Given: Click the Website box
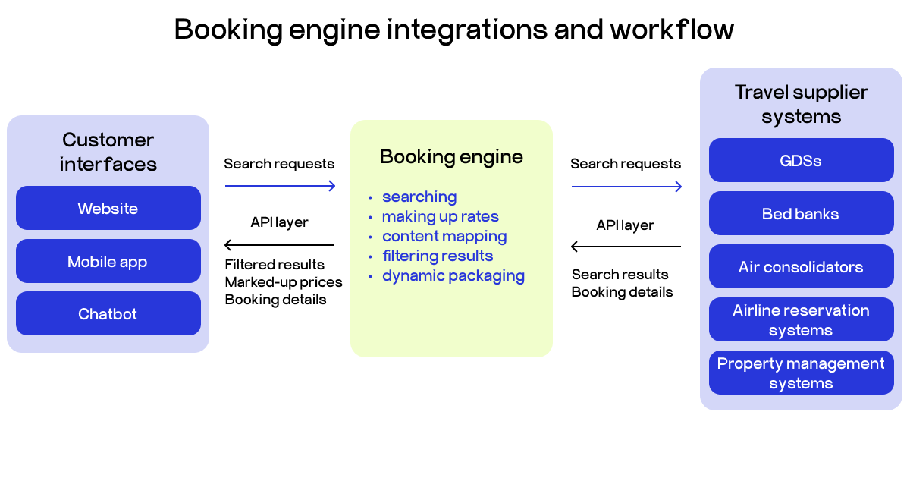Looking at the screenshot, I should click(x=108, y=208).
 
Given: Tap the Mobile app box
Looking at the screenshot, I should click(x=108, y=262).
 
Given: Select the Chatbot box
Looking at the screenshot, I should click(x=108, y=314).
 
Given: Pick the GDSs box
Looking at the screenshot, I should click(x=801, y=161).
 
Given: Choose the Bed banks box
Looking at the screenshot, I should click(x=801, y=214).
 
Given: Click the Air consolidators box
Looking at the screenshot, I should click(x=801, y=267).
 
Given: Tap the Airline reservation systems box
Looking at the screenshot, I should click(x=801, y=320).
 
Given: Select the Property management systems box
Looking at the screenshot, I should click(x=801, y=373).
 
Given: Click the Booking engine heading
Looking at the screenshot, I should click(x=451, y=157).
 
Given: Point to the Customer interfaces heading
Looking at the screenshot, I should click(x=108, y=152).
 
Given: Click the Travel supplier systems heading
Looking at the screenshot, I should click(x=801, y=105).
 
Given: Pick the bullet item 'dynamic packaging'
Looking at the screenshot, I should click(x=453, y=275).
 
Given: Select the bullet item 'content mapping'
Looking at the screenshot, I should click(x=444, y=236).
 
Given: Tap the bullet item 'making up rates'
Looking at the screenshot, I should click(x=440, y=216).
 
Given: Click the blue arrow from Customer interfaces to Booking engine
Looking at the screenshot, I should click(x=280, y=186).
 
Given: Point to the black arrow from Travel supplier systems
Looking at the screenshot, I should click(x=626, y=247).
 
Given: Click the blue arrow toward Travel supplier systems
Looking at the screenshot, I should click(x=626, y=186).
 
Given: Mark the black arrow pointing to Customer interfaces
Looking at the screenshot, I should click(x=280, y=245).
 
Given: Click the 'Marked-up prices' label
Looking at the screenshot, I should click(x=284, y=282).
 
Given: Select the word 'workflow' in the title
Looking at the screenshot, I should click(x=672, y=30).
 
